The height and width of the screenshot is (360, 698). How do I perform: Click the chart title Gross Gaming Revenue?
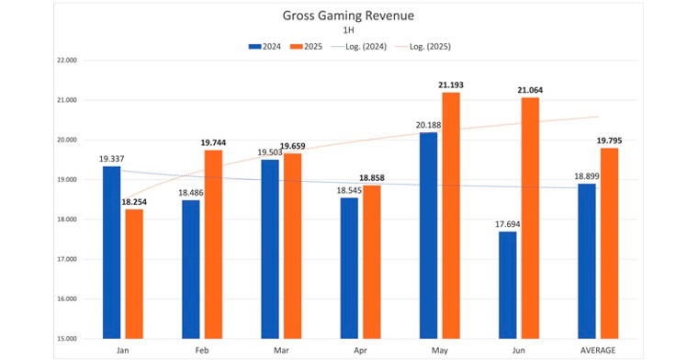click(x=348, y=15)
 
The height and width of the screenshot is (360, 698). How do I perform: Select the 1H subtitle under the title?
click(x=348, y=30)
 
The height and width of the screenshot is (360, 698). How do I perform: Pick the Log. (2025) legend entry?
click(x=430, y=46)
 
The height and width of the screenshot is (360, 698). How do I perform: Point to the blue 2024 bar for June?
click(x=508, y=285)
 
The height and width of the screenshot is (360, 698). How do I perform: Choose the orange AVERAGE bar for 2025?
click(x=608, y=242)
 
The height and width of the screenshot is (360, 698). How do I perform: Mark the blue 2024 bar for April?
click(x=349, y=267)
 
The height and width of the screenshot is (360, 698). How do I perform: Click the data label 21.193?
click(x=451, y=85)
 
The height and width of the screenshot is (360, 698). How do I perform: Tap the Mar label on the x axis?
click(x=281, y=351)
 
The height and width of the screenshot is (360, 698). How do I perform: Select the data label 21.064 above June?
click(x=529, y=90)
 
